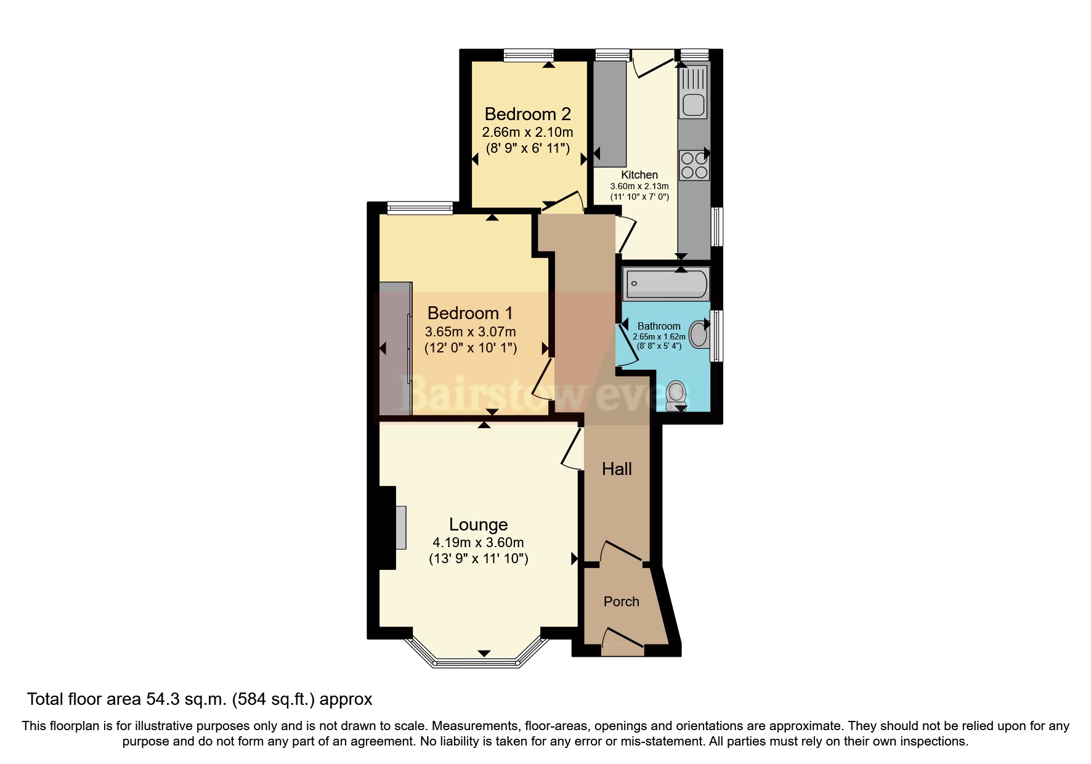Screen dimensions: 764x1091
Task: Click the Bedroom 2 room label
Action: click(527, 114)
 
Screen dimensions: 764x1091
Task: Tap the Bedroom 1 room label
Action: click(470, 313)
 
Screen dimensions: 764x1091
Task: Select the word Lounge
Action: click(478, 524)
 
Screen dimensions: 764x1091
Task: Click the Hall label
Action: click(617, 469)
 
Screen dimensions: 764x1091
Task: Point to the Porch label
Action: click(621, 601)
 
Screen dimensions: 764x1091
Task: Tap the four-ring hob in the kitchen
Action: click(694, 165)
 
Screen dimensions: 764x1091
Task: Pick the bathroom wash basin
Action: click(699, 334)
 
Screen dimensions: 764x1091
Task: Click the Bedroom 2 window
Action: click(528, 55)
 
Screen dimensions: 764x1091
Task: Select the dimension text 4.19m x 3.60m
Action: click(478, 543)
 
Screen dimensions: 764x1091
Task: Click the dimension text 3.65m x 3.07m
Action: click(470, 331)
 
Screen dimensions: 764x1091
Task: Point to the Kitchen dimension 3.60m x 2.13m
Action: click(639, 186)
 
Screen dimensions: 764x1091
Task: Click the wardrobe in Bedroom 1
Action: click(395, 349)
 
